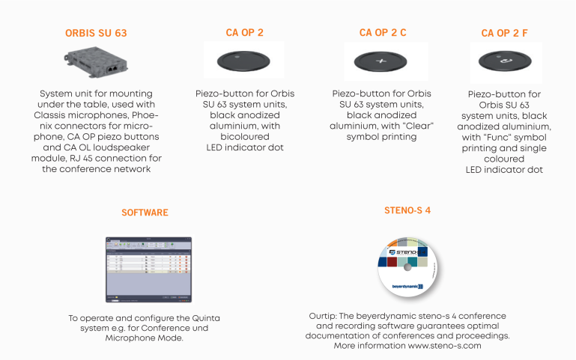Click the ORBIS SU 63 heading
(96, 34)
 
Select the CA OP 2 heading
(244, 33)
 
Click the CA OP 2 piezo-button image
(243, 59)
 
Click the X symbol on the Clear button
(381, 61)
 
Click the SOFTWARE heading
(145, 213)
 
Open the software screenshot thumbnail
(148, 259)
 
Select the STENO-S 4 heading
(406, 210)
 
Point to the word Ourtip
(323, 315)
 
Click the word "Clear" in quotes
(417, 126)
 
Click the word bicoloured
(243, 138)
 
